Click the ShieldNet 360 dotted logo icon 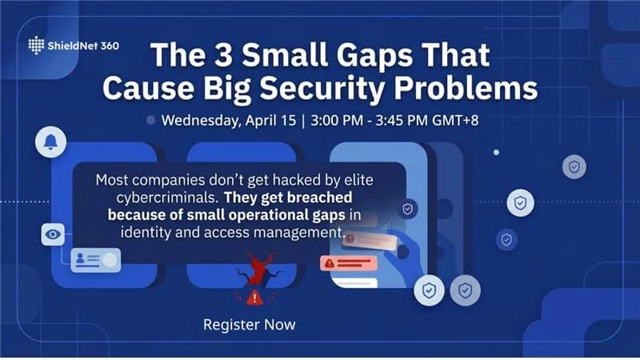point(38,46)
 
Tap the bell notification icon point(51,142)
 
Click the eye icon point(53,234)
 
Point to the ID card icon point(95,259)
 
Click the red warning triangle point(254,298)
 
